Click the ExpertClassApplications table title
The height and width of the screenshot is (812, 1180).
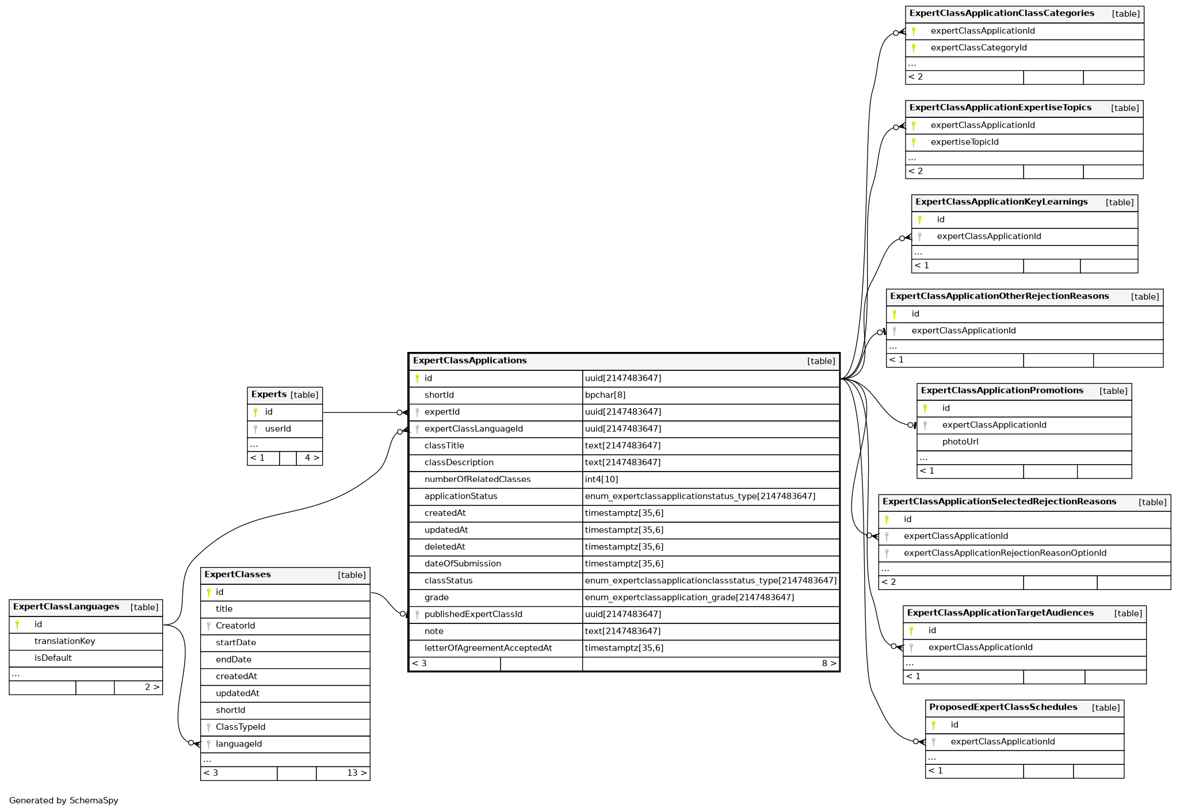click(469, 361)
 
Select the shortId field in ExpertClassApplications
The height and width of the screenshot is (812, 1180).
click(439, 395)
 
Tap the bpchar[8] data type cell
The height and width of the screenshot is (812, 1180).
click(605, 395)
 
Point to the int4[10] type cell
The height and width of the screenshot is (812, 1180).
click(601, 480)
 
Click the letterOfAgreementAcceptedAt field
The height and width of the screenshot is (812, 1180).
click(488, 648)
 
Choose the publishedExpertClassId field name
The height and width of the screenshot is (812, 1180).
click(473, 614)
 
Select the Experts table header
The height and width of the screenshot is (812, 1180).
click(269, 394)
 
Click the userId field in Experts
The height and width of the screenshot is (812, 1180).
click(278, 429)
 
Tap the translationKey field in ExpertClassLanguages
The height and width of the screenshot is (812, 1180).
click(64, 641)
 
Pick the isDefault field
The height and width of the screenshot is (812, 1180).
click(53, 658)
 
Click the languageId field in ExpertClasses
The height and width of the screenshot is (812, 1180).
click(238, 744)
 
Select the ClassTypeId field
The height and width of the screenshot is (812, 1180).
click(240, 727)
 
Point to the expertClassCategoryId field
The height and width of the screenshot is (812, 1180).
click(978, 48)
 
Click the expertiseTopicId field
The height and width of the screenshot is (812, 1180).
click(964, 142)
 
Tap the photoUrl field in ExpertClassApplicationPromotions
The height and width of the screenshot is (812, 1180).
click(960, 442)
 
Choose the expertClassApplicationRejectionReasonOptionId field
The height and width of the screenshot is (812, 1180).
click(1005, 553)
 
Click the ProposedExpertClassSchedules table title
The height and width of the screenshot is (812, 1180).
click(1003, 707)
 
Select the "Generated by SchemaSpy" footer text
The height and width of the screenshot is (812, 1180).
click(63, 800)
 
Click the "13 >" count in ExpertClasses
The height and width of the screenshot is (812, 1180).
click(357, 773)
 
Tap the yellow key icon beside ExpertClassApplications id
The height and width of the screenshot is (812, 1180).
click(417, 378)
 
